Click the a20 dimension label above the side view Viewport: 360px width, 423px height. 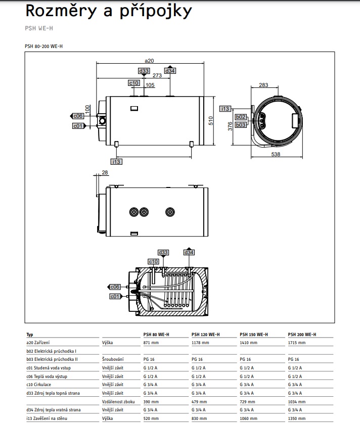pos(149,61)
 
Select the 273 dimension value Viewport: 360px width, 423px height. pos(157,75)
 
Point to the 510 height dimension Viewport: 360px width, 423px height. pos(211,120)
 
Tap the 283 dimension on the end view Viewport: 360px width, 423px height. pos(264,85)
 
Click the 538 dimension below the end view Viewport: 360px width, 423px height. pos(276,154)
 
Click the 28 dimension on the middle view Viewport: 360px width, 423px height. pos(105,173)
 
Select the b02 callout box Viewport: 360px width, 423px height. pos(241,117)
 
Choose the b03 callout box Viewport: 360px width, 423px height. pos(241,124)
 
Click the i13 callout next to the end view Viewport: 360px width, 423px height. pos(226,109)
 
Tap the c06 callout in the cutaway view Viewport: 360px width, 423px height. pos(115,287)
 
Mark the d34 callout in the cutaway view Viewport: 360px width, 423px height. pos(189,252)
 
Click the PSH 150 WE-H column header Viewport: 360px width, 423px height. pos(253,335)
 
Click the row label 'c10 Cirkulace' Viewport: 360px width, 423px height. pos(40,385)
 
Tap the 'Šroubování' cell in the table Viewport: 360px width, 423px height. pos(112,359)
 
